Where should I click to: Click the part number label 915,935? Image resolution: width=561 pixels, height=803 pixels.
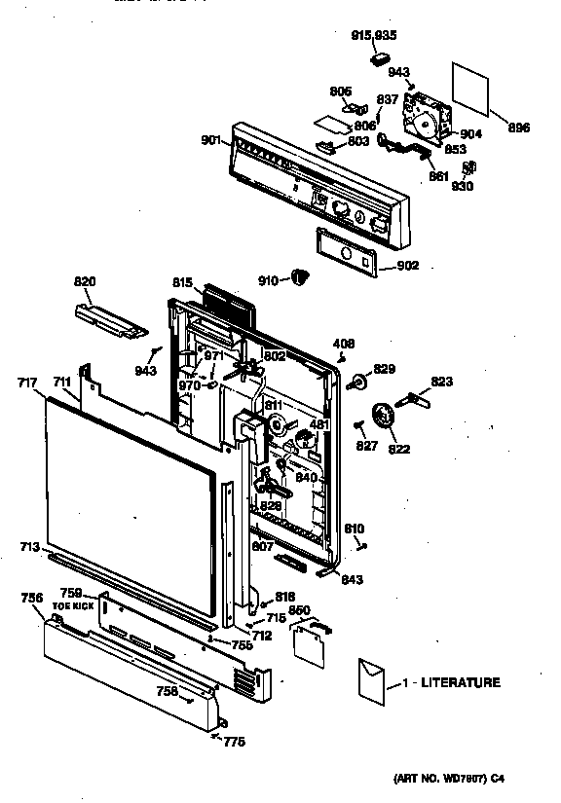tap(374, 35)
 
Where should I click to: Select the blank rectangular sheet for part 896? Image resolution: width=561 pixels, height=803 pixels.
tap(473, 88)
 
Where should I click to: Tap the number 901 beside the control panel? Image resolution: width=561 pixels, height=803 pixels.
tap(211, 140)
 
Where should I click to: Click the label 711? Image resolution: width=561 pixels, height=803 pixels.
tap(61, 383)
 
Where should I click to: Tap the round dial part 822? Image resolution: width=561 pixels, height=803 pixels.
tap(388, 419)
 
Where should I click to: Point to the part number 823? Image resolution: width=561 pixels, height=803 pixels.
tap(442, 383)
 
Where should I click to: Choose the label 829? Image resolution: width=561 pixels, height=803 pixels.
tap(386, 369)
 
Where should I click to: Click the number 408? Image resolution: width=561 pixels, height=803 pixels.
tap(344, 344)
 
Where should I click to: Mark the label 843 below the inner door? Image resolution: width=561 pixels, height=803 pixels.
tap(354, 579)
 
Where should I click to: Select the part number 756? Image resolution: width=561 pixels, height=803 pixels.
tap(32, 598)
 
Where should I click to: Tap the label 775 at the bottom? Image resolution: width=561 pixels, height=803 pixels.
tap(234, 742)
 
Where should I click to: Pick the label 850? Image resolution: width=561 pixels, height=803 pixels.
tap(300, 610)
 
